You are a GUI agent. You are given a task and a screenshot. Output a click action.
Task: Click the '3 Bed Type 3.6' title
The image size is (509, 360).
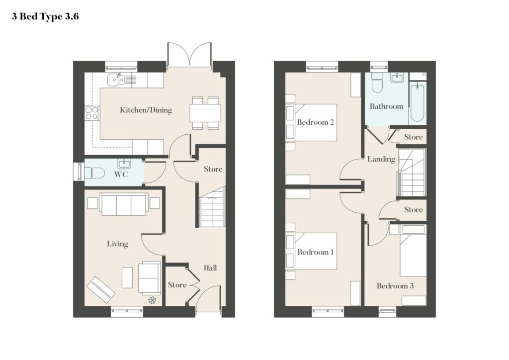point(45,16)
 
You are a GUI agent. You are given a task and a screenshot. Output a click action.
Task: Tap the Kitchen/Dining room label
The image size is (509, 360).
point(146,110)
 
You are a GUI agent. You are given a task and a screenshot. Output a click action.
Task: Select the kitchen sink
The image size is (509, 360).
point(116,80)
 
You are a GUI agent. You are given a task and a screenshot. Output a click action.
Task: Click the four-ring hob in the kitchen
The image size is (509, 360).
point(91,113)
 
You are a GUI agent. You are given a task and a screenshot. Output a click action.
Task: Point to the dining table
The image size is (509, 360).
point(205,113)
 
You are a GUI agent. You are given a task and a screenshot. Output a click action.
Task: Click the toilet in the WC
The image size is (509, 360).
point(94,173)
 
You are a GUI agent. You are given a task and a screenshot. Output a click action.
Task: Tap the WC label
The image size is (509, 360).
point(121,175)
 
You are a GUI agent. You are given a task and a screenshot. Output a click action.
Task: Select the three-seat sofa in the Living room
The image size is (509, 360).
point(124,204)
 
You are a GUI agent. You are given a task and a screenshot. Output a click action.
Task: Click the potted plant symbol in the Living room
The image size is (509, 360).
point(153,300)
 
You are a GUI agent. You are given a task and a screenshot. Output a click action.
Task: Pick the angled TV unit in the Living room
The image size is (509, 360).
point(101,289)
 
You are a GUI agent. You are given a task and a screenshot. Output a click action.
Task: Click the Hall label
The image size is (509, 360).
point(210,268)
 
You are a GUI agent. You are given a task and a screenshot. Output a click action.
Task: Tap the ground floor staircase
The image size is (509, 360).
point(212,207)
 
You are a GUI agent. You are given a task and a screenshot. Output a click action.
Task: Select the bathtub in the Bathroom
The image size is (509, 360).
point(417,102)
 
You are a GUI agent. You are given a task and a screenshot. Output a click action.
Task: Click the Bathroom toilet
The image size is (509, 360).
point(377,83)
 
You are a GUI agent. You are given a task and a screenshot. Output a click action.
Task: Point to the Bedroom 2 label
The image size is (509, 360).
point(316,122)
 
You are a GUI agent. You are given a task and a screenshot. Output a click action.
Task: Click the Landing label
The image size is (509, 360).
point(381,159)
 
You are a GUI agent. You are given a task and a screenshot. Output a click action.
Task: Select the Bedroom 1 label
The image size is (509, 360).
point(316,252)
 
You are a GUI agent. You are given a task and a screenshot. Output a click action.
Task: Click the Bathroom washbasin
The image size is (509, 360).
point(397,78)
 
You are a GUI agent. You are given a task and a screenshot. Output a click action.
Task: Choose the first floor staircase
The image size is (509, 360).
point(412,173)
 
